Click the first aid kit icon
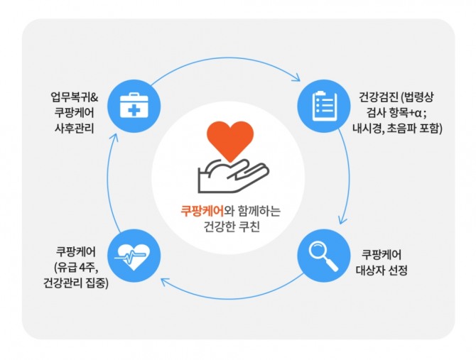click(134, 106)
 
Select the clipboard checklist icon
click(325, 106)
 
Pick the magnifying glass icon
click(323, 256)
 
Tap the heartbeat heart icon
click(132, 257)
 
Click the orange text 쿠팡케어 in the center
click(202, 211)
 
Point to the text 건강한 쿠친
click(232, 227)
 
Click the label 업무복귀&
click(75, 97)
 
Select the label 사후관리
click(75, 129)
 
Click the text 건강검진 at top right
click(379, 97)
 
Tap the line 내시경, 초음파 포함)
click(397, 129)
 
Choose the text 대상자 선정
click(382, 270)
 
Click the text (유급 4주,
click(77, 268)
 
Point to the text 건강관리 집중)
click(76, 283)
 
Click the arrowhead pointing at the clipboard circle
click(297, 78)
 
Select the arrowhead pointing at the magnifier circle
click(342, 219)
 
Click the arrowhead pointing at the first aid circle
click(114, 137)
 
